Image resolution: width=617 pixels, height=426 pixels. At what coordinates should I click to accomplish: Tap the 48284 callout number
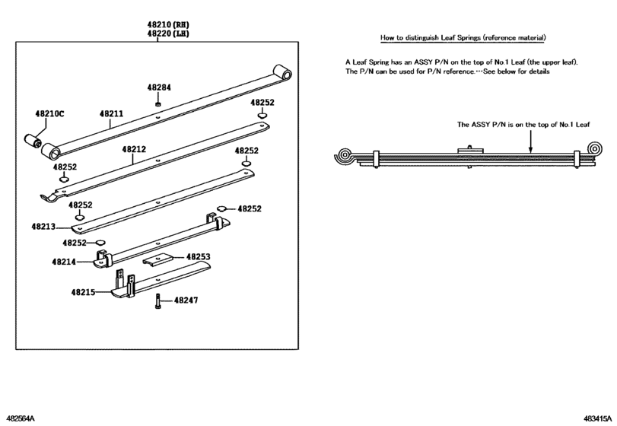[159, 87]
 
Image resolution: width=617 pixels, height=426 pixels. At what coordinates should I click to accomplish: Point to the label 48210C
[49, 114]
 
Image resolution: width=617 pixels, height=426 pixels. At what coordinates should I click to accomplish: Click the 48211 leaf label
[110, 114]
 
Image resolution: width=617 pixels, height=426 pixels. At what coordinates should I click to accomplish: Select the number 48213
[44, 227]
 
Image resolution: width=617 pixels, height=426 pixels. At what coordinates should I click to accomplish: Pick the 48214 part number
[64, 261]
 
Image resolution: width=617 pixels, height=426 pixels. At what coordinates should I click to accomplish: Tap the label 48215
[84, 291]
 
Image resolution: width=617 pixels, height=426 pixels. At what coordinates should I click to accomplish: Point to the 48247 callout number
[186, 300]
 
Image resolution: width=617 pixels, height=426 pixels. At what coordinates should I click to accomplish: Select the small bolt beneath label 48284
[157, 103]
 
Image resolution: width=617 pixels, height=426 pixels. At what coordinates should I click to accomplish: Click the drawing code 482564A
[21, 418]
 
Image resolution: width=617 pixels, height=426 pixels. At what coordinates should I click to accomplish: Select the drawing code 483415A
[595, 418]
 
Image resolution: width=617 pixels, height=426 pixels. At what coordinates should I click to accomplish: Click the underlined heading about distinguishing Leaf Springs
[463, 37]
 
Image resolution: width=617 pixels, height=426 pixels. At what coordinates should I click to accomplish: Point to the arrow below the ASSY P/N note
[531, 141]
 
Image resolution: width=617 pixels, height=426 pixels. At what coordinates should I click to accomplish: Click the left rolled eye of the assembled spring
[345, 157]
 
